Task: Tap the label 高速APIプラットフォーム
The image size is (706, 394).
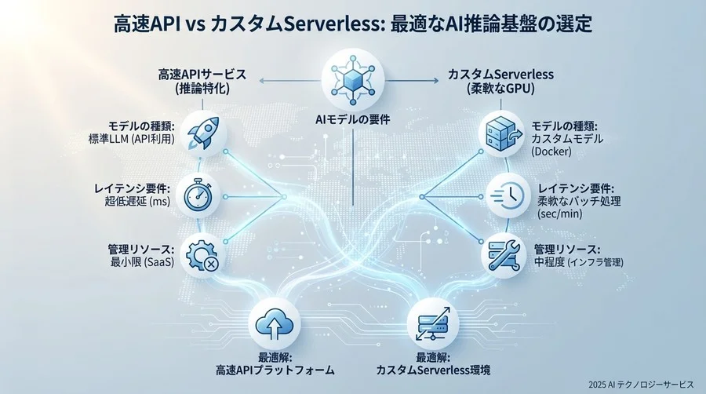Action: [x=273, y=368]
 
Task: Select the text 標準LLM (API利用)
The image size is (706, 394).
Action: [x=126, y=140]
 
